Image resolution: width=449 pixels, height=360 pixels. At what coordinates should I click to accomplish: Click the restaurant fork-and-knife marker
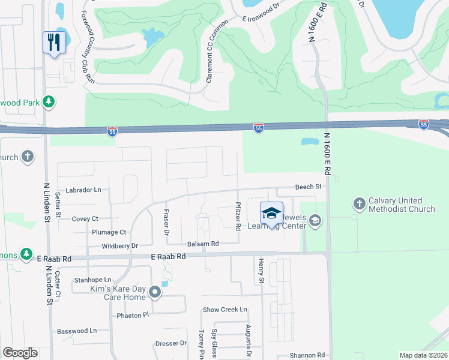coord(54,42)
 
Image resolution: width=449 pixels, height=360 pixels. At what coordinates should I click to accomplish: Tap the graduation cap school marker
coord(271,213)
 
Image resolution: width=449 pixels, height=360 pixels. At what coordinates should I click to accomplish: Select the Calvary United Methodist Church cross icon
coord(360,204)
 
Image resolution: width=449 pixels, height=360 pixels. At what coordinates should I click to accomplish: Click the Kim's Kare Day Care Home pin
coord(155,292)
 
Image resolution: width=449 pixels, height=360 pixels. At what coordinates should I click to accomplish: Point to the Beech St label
coord(309,187)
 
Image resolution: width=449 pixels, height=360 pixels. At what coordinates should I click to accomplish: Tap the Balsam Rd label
coord(203,244)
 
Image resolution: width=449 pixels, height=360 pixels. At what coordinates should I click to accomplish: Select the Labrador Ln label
coord(84,190)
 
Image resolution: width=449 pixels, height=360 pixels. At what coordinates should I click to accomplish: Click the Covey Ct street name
coord(85,219)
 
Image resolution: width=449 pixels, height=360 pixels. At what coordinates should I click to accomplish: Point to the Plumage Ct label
coord(109,232)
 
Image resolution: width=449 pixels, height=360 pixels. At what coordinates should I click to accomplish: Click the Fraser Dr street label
coord(166,221)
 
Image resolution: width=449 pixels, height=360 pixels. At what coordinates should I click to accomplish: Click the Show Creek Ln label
coord(225,310)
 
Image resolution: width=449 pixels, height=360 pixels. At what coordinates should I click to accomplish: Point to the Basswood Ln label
coord(76,331)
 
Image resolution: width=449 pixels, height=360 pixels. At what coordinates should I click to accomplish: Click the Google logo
coord(20,353)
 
